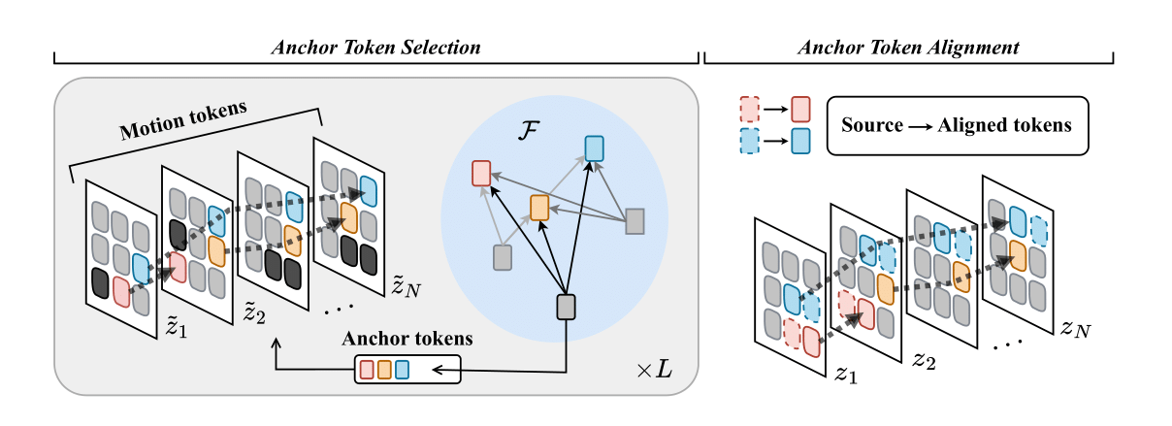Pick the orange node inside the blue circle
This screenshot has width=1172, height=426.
(539, 206)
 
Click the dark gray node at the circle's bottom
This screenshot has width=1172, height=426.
(567, 308)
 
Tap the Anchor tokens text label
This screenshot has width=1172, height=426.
(407, 340)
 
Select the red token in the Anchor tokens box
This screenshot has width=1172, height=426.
(367, 369)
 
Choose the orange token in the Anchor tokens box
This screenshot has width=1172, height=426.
(384, 369)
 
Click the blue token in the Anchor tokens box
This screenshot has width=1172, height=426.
(402, 369)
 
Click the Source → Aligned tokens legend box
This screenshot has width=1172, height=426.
(956, 125)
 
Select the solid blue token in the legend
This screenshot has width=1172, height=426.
(800, 142)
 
